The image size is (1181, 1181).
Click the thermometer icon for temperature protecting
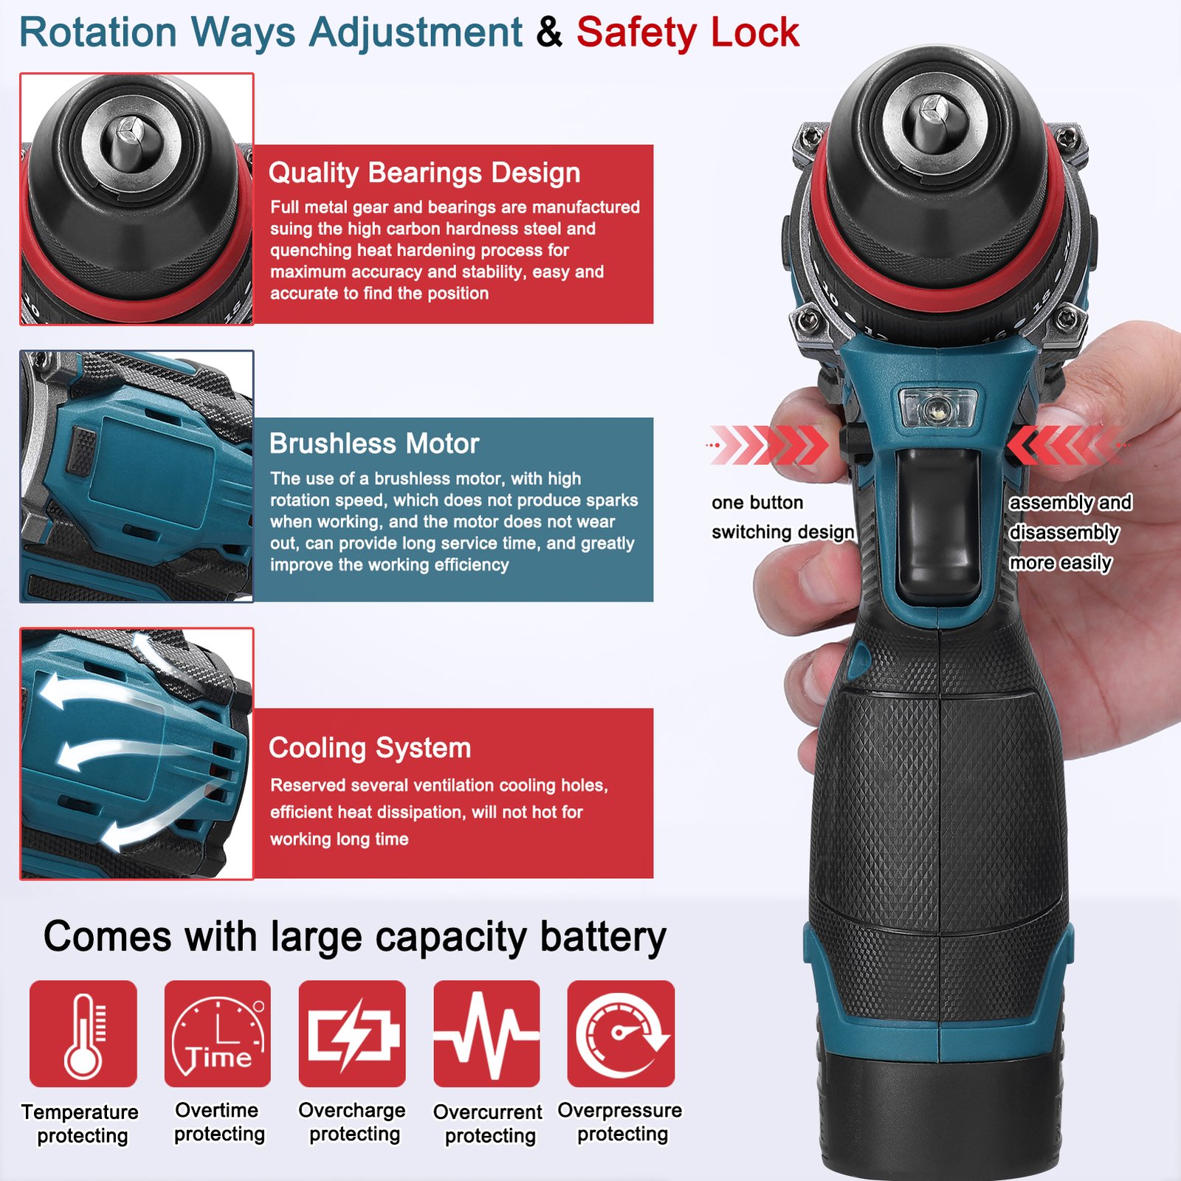click(83, 1033)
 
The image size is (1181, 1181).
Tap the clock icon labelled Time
click(218, 1033)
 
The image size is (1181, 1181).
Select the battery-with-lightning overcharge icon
click(352, 1033)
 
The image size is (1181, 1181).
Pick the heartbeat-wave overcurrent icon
click(486, 1033)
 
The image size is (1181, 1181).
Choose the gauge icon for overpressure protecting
click(621, 1033)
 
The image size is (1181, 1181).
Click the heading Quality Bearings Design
click(424, 173)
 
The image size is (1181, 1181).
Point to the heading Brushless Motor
click(374, 444)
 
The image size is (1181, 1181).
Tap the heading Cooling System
click(370, 748)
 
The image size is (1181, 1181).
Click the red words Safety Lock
click(688, 32)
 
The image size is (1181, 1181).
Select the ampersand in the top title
click(549, 32)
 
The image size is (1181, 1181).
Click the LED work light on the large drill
click(938, 407)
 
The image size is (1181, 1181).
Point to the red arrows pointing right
click(768, 445)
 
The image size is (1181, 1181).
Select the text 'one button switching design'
click(783, 517)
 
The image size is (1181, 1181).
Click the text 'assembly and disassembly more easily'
click(1070, 533)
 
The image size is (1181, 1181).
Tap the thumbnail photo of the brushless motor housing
click(137, 476)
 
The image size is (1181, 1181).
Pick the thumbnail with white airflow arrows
click(137, 754)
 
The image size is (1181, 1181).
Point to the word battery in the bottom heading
click(603, 937)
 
